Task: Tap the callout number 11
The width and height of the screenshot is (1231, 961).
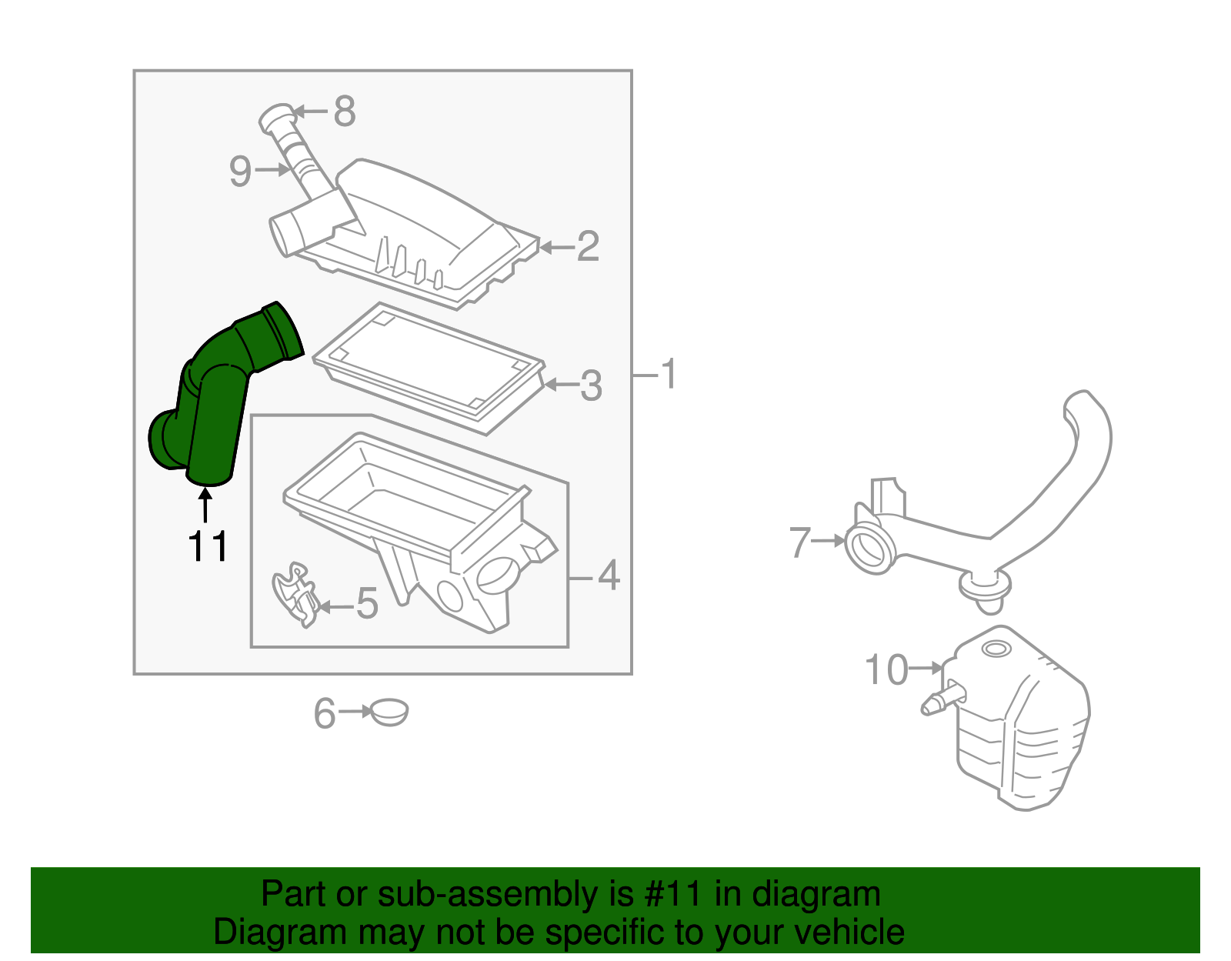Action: point(208,547)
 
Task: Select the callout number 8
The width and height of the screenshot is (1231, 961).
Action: point(344,112)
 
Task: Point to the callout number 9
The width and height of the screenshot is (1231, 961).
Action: point(240,171)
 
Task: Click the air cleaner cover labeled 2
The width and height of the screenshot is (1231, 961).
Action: point(431,231)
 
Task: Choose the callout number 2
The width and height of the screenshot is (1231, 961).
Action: point(588,246)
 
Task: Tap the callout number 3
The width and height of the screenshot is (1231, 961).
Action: point(591,385)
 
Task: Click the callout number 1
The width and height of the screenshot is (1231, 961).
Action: point(669,374)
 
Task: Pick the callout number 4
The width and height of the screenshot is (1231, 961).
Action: point(608,576)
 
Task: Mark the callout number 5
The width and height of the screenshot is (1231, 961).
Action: point(367,603)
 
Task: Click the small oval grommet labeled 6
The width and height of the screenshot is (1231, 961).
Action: point(389,712)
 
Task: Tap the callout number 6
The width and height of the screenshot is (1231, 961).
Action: point(325,713)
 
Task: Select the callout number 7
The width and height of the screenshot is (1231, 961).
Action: point(800,542)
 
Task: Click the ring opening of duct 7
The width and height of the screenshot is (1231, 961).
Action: point(870,548)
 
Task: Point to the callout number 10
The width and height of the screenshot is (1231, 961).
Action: point(886,669)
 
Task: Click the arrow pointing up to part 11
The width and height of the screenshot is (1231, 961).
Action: point(205,506)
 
